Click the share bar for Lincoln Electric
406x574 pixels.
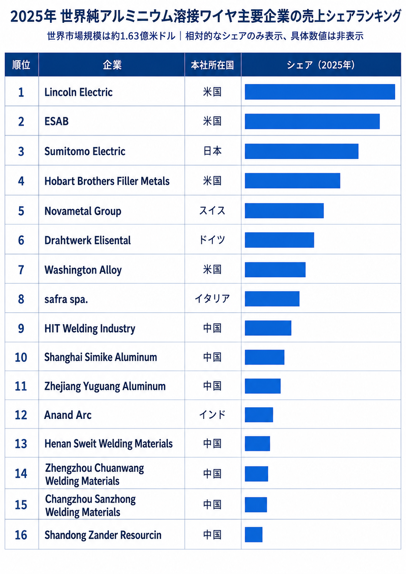pos(320,92)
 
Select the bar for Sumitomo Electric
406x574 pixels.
pos(301,151)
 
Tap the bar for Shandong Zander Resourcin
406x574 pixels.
pos(254,534)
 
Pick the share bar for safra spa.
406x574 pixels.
pos(272,299)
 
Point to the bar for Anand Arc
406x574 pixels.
pos(259,415)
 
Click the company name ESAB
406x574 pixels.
pos(57,121)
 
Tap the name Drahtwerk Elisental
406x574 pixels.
pos(88,240)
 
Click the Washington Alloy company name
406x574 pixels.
pos(83,270)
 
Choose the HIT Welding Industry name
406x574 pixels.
pos(90,328)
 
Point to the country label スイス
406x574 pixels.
pos(212,211)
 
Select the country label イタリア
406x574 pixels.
pos(212,298)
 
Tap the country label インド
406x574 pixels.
pos(212,415)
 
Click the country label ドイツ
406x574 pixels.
pos(212,240)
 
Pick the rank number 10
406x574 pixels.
pos(21,357)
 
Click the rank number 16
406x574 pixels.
pos(21,535)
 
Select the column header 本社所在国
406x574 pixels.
pos(212,65)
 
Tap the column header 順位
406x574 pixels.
pos(21,65)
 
